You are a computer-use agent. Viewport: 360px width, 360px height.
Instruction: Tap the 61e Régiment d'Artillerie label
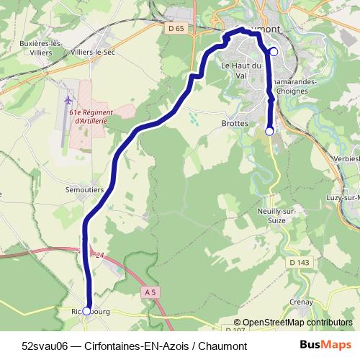coord(91,116)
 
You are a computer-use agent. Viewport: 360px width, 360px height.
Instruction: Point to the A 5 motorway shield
coord(150,292)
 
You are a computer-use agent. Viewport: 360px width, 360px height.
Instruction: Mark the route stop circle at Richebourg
coord(87,310)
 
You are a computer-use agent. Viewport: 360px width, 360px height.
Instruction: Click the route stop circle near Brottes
coord(269,131)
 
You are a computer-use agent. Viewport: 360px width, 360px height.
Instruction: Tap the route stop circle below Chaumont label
coord(274,51)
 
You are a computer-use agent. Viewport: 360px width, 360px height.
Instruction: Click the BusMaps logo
coord(326,346)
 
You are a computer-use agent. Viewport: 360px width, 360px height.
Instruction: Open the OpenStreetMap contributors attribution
coord(293,323)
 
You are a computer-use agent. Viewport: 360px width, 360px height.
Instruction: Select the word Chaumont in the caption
coord(224,346)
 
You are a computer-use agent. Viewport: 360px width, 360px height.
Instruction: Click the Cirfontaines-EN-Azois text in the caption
coord(139,346)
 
